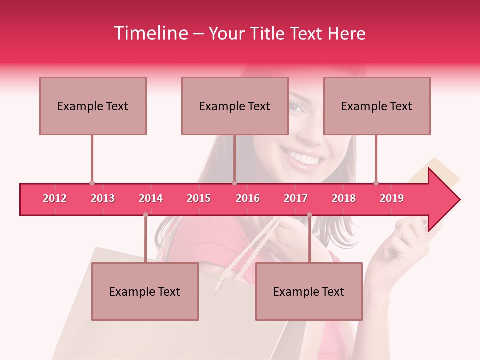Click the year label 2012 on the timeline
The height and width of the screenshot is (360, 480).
click(55, 198)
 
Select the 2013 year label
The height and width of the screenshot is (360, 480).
click(103, 198)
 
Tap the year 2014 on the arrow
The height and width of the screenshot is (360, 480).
click(151, 198)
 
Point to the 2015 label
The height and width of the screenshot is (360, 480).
click(199, 198)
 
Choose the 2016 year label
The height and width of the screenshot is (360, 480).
click(248, 198)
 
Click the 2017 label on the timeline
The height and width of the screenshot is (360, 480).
click(296, 198)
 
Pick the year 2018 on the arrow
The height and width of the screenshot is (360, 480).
click(344, 198)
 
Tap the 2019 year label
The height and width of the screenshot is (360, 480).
click(392, 198)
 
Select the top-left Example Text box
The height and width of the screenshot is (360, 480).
click(93, 106)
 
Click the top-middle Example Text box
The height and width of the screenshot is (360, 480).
click(235, 106)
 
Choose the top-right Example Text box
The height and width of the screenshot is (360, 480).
click(377, 106)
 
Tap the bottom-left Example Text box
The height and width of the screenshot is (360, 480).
click(145, 291)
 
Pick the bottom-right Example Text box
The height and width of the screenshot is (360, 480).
click(309, 291)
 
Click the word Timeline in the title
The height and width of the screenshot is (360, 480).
click(150, 33)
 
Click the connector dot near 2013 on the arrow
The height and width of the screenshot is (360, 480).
click(92, 183)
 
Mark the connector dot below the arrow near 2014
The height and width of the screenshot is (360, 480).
click(145, 215)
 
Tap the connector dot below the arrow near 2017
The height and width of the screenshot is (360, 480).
click(309, 215)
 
